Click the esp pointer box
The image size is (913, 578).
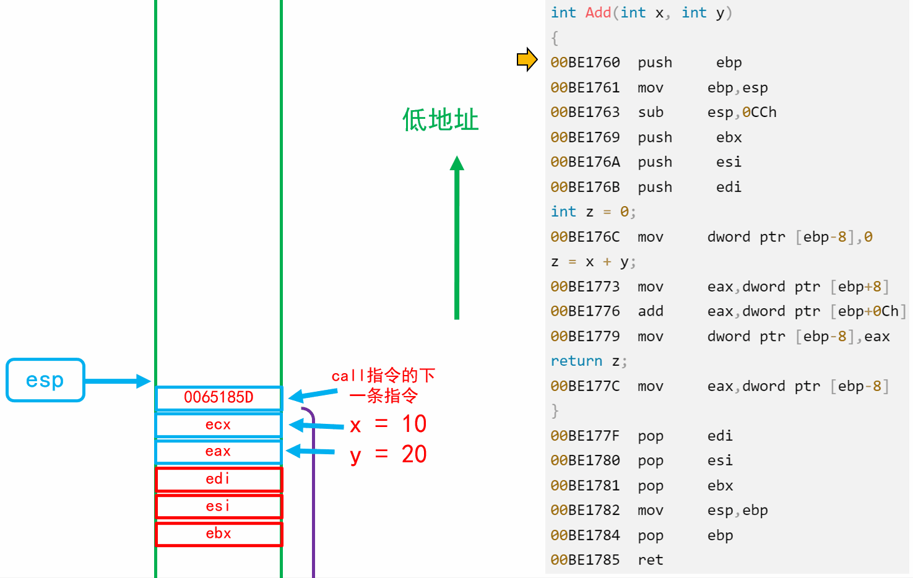click(x=45, y=380)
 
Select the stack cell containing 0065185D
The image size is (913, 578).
click(x=219, y=397)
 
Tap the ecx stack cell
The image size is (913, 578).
click(x=219, y=425)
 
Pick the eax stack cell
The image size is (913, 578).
click(x=219, y=451)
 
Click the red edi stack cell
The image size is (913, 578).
click(x=219, y=479)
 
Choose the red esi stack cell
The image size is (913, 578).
click(x=219, y=506)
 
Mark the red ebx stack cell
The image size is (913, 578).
click(x=219, y=533)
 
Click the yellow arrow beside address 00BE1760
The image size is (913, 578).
click(x=527, y=59)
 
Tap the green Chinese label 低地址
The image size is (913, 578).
click(x=440, y=119)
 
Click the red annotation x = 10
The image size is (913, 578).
click(x=388, y=425)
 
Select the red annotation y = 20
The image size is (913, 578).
click(x=388, y=455)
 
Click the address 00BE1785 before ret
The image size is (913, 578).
click(x=585, y=560)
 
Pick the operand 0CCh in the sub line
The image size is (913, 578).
click(x=759, y=112)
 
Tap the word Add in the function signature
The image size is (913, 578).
click(x=598, y=12)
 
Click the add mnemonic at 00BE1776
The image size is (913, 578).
click(x=651, y=311)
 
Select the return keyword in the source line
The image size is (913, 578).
click(x=576, y=361)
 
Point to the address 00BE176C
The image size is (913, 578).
click(x=585, y=237)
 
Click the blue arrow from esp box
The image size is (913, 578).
click(x=118, y=381)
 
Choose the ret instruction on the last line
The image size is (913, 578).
click(x=651, y=560)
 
